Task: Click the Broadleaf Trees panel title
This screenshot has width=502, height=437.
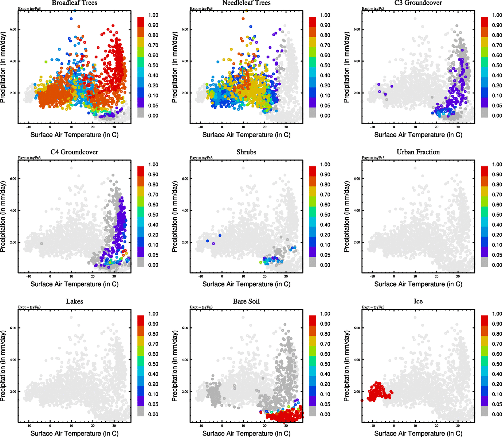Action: (x=74, y=3)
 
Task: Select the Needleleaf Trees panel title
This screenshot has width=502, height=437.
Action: (x=246, y=3)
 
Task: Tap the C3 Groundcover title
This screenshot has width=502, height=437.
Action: (x=418, y=3)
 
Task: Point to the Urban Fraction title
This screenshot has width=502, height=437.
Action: (x=418, y=152)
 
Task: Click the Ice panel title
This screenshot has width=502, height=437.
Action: (x=418, y=302)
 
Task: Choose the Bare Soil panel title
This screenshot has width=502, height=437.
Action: (x=246, y=302)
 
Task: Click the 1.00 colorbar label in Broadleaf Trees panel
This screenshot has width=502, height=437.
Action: (x=153, y=15)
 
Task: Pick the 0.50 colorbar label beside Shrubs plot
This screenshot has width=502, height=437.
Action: (x=325, y=215)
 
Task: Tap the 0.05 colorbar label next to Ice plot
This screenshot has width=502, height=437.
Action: (x=497, y=404)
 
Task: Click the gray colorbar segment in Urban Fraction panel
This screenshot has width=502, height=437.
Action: (x=485, y=262)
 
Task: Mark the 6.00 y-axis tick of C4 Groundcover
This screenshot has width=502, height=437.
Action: (x=13, y=179)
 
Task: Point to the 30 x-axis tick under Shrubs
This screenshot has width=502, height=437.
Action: (x=286, y=276)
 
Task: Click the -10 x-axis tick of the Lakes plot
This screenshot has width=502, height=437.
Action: (x=29, y=426)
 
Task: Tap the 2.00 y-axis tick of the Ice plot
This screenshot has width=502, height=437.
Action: (x=357, y=392)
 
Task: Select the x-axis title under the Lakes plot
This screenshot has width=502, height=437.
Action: (x=74, y=433)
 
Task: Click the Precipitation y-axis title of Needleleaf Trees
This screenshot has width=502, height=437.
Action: (x=175, y=67)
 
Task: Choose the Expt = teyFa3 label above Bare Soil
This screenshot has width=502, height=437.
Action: (x=201, y=307)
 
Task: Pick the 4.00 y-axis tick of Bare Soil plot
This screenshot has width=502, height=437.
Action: (x=185, y=360)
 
